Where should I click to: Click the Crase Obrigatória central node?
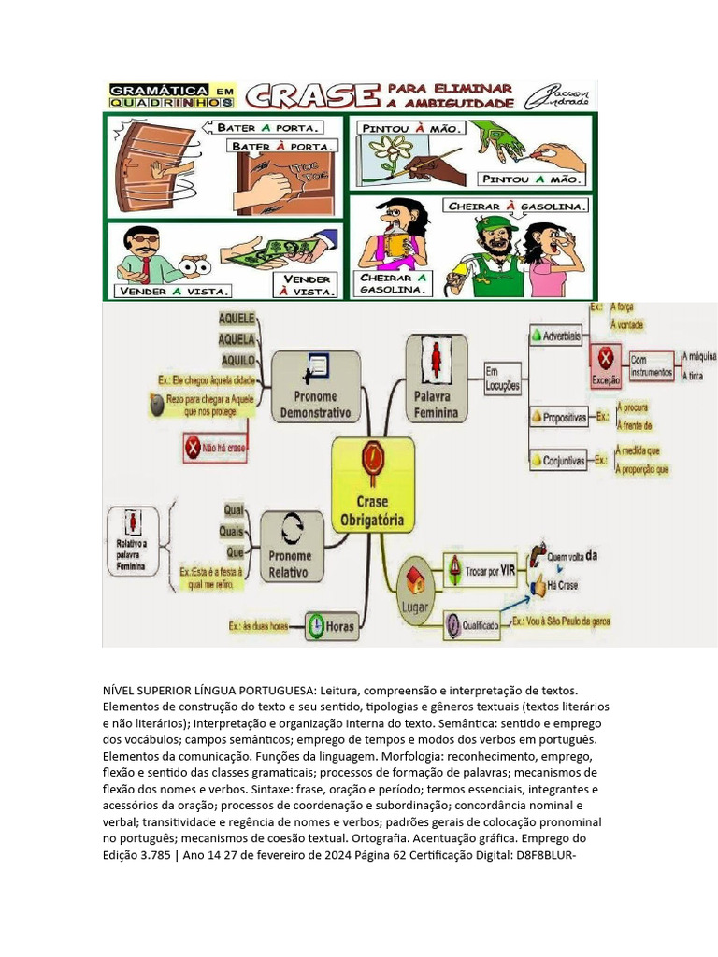[373, 485]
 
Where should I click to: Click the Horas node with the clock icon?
[331, 626]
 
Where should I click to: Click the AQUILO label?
[237, 359]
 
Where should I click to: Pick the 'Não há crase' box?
[216, 448]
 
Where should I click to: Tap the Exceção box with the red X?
[606, 365]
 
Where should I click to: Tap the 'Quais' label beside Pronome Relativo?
[232, 531]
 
